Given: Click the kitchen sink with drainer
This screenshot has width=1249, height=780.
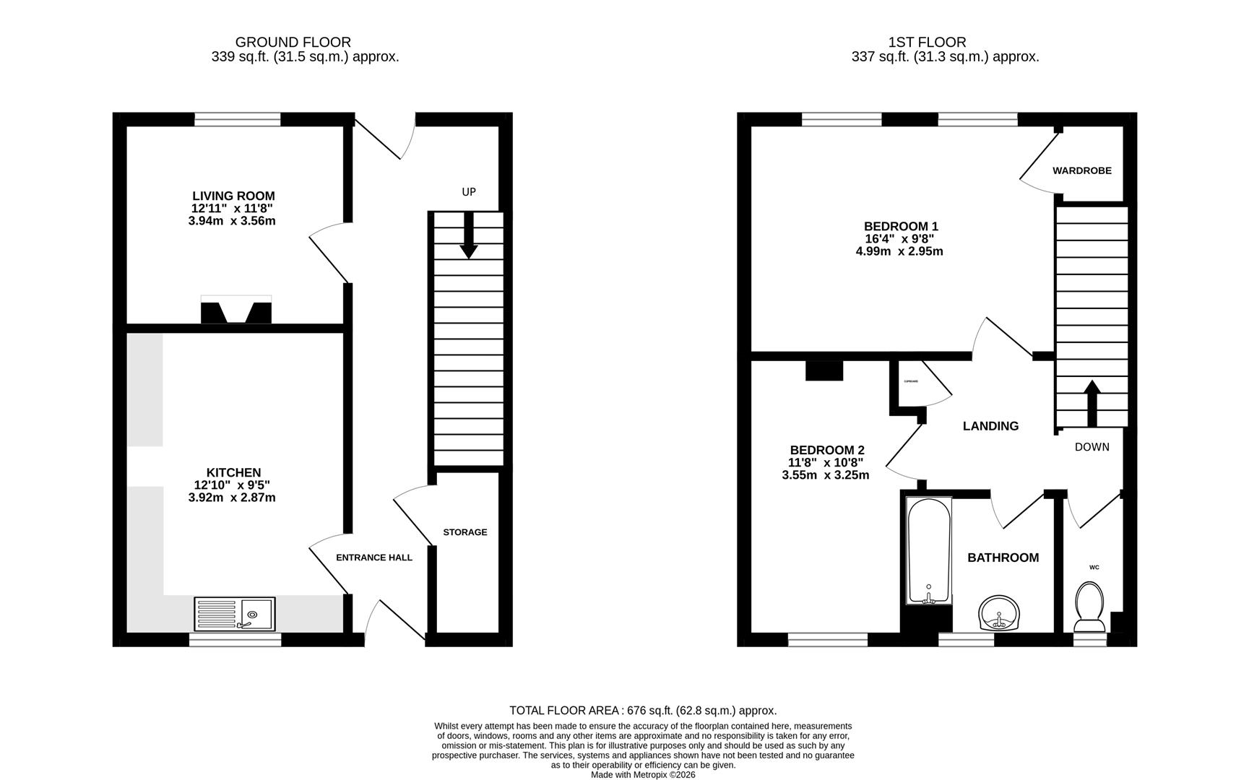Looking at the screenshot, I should [235, 614].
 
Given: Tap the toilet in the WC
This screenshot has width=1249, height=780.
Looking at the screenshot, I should [1090, 607].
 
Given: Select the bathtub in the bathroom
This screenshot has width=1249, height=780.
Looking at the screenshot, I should [929, 551].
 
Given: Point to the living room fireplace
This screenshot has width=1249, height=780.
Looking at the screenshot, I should [236, 310].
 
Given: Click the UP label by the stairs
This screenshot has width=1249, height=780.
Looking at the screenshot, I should [469, 192].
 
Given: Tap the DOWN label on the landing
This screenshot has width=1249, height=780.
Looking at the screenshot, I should [1092, 447].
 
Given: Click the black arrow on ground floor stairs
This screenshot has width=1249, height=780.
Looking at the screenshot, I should [469, 236].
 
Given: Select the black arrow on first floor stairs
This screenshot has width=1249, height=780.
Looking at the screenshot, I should [1092, 403].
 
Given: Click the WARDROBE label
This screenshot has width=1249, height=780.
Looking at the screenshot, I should [1081, 171].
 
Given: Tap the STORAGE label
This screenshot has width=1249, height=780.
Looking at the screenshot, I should [464, 532].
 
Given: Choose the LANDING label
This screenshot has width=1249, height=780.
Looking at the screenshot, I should [990, 426].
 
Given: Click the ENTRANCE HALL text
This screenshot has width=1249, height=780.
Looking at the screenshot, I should [374, 558].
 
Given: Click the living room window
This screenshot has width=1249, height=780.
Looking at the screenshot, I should [238, 119].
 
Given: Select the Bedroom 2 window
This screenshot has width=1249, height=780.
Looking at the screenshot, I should [827, 639].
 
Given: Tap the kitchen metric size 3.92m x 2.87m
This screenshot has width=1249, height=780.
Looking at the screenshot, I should [232, 498].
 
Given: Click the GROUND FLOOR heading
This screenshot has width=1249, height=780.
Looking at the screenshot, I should [293, 43].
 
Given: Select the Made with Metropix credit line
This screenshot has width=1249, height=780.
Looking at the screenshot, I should [643, 775].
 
